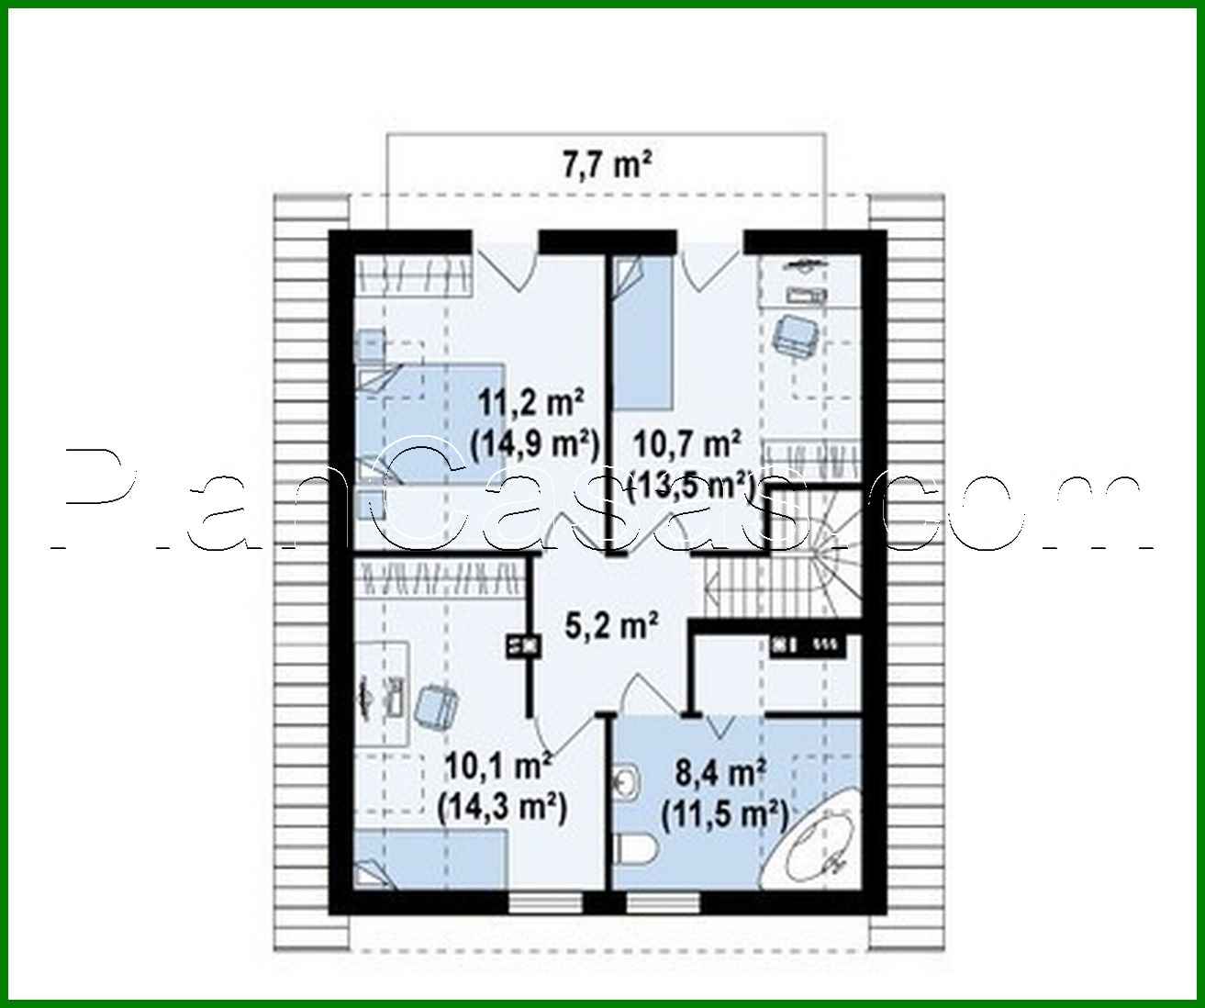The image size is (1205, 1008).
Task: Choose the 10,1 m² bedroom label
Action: [498, 764]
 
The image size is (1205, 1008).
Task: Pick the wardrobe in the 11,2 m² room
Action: [413, 273]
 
